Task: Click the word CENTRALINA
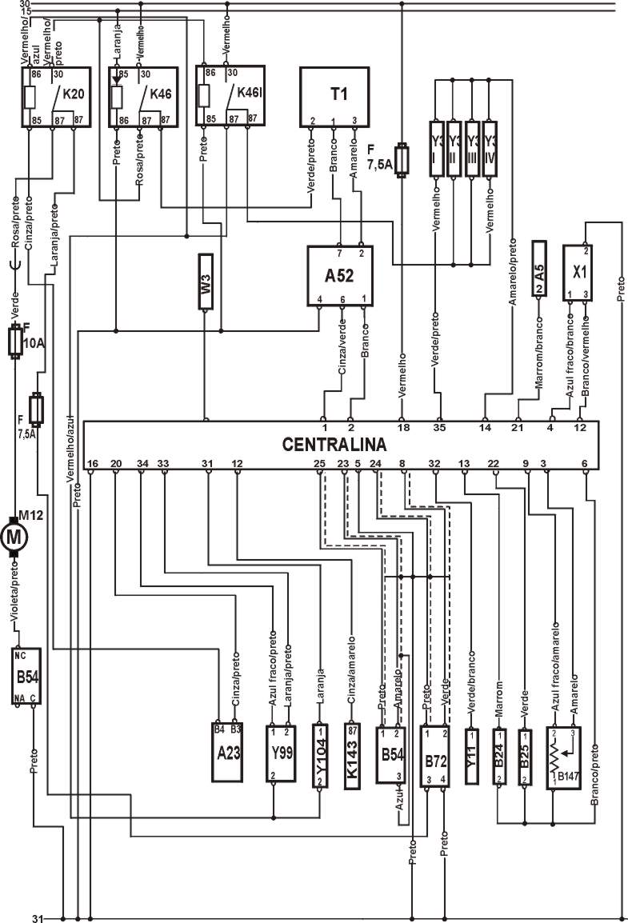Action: click(334, 444)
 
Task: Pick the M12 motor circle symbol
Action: click(14, 537)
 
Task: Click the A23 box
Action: click(227, 753)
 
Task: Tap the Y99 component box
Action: click(281, 753)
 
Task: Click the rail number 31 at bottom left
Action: click(36, 917)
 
